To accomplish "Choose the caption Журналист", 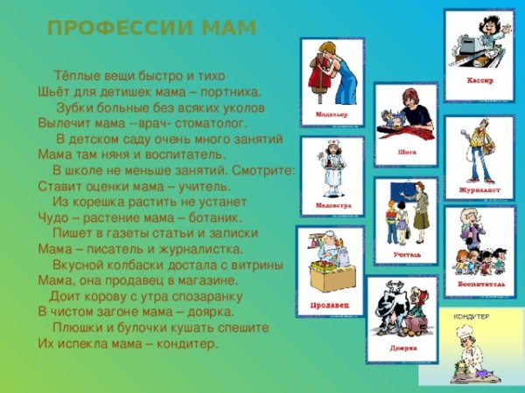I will [478, 188].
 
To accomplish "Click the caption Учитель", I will [407, 254].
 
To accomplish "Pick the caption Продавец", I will [330, 306].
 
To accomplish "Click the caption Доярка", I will [403, 348].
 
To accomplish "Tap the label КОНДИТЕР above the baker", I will [471, 316].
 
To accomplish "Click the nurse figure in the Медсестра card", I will [333, 170].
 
